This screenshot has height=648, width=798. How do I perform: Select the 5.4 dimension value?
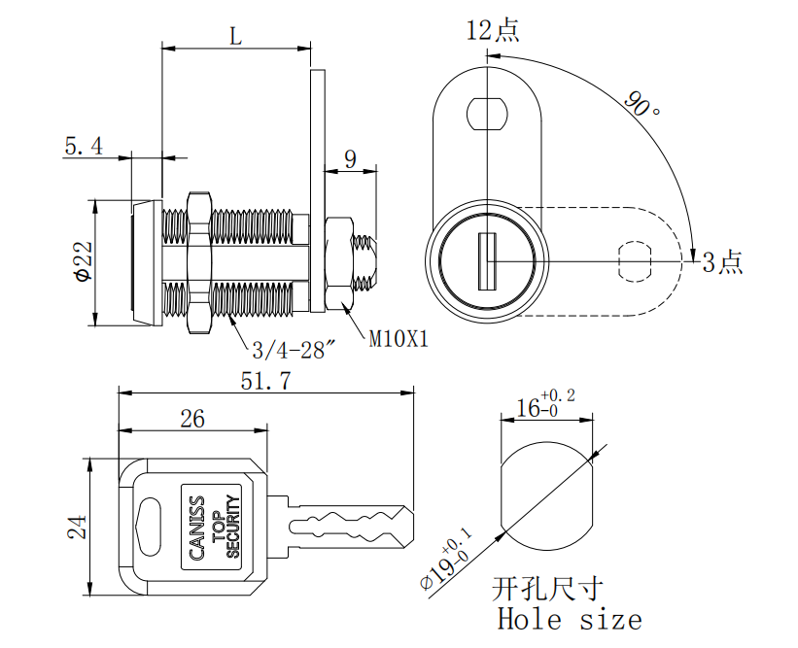coord(84,147)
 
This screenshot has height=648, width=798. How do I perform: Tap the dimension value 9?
coord(350,158)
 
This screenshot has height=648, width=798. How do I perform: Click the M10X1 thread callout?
coord(399,339)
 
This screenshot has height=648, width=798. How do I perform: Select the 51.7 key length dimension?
coord(265,382)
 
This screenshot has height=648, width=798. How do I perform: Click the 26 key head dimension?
coord(192,419)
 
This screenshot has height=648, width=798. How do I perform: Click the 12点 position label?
coord(492,31)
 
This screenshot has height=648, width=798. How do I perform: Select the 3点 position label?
coord(722,260)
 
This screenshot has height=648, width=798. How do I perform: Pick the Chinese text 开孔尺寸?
coord(548,589)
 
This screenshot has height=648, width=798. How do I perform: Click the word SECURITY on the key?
coord(232,527)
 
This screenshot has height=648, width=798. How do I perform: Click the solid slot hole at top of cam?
coord(486,113)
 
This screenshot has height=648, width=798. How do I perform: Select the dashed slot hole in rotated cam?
coord(636,260)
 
